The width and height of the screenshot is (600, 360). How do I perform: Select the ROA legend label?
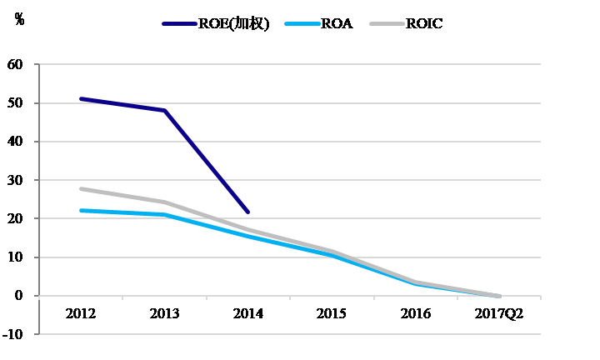[x=336, y=23]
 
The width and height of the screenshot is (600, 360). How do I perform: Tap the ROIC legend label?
[x=424, y=23]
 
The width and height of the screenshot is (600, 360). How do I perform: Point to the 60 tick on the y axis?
[x=15, y=65]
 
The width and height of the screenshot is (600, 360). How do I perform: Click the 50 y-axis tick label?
[x=15, y=103]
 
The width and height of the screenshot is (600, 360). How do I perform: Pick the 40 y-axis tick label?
[x=15, y=142]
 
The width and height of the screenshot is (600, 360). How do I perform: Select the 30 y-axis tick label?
[x=15, y=180]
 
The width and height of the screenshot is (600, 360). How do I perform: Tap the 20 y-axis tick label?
[x=15, y=219]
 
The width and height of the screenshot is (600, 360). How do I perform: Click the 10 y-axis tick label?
[x=15, y=257]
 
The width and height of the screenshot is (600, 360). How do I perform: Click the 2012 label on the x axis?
[x=81, y=313]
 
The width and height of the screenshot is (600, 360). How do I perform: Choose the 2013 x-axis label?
[x=164, y=313]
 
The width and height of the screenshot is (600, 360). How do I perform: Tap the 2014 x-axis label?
[x=248, y=313]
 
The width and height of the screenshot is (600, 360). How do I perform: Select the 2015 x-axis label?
[x=332, y=313]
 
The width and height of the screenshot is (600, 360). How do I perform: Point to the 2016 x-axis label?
[x=415, y=313]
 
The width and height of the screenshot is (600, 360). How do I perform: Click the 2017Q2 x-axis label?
[x=498, y=313]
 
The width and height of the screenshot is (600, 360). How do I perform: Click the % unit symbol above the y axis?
[x=19, y=19]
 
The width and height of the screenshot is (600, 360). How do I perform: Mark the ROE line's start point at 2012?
[x=81, y=98]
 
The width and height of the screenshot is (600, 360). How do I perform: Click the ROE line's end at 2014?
[x=248, y=212]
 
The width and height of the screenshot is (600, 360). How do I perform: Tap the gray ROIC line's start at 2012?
[x=81, y=189]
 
